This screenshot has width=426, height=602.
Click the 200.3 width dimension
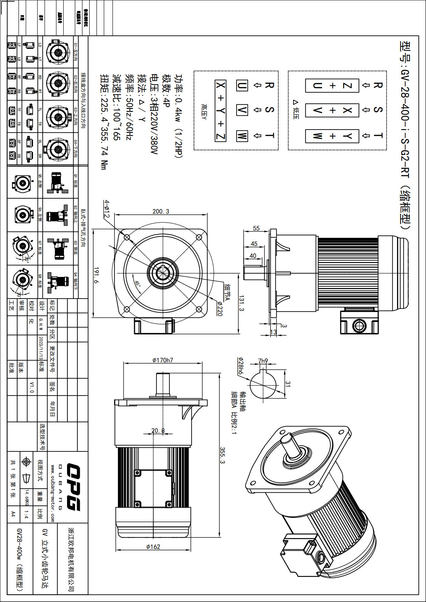click(x=161, y=211)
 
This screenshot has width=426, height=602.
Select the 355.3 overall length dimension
click(x=222, y=455)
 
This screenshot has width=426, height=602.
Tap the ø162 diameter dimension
click(x=153, y=546)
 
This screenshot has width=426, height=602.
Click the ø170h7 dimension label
click(x=163, y=360)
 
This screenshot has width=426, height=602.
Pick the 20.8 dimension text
click(x=158, y=431)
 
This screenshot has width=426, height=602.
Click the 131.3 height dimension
click(x=241, y=303)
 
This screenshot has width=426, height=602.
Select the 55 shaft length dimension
click(x=256, y=228)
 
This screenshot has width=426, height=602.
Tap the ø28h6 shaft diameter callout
click(x=240, y=366)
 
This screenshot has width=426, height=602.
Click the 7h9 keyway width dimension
click(x=263, y=361)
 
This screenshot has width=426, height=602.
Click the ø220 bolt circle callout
click(x=220, y=309)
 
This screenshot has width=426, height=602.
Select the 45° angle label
click(x=138, y=284)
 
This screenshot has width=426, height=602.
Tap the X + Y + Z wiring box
click(x=220, y=111)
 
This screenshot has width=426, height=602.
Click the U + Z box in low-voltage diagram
click(x=332, y=86)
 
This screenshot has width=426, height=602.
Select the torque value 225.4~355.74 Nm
click(x=104, y=122)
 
